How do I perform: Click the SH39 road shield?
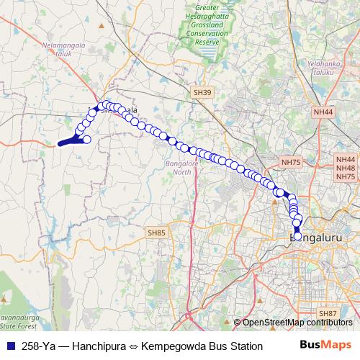click(x=203, y=93)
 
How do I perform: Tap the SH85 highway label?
click(x=156, y=233)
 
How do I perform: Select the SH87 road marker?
click(x=328, y=313)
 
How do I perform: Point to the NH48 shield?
click(x=346, y=167)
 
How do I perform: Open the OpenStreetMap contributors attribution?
click(x=300, y=323)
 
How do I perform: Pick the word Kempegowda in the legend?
click(x=174, y=346)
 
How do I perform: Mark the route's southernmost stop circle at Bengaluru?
click(x=298, y=236)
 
